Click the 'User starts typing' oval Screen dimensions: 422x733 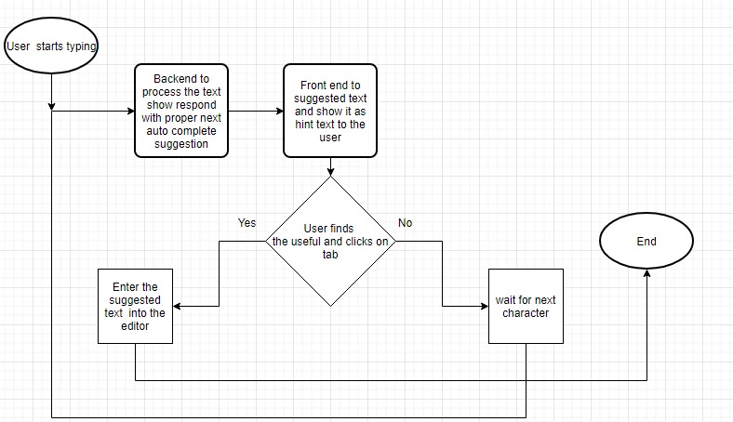(51, 46)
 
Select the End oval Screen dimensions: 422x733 (646, 242)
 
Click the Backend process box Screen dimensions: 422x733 (181, 112)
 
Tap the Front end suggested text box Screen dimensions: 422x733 (330, 112)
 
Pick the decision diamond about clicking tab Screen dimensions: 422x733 (332, 242)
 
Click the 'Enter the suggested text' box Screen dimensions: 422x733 (136, 306)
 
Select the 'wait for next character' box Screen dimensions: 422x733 (526, 306)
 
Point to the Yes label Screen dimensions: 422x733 (247, 223)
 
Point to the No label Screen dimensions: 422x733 (406, 223)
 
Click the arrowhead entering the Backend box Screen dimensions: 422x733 (130, 112)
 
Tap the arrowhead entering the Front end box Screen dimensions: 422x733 (279, 112)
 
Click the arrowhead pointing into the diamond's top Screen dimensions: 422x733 (332, 171)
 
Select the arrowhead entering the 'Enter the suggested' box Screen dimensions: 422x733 (178, 306)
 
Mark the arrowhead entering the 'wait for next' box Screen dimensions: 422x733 (484, 306)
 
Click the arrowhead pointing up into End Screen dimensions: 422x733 (646, 274)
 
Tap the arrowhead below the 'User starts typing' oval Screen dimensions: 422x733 (51, 105)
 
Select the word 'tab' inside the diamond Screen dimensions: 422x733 (331, 254)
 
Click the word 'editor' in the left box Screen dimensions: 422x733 (136, 326)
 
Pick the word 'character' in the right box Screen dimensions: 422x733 (526, 313)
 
